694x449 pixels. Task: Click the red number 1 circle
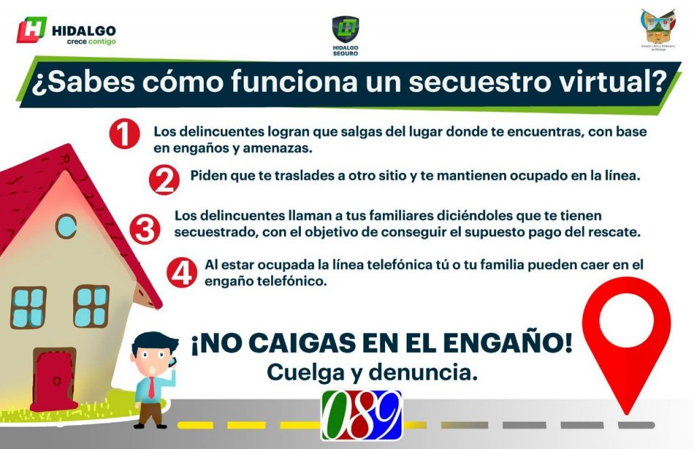[x=125, y=134]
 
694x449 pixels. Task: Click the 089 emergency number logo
[x=361, y=414]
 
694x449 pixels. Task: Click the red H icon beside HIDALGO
[x=32, y=31]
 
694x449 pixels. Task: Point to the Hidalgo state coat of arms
[x=658, y=27]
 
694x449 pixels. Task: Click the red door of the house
[x=55, y=378]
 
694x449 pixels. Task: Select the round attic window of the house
[x=66, y=226]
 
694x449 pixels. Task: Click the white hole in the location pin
[x=626, y=319]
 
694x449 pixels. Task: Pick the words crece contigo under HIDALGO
[x=91, y=42]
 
